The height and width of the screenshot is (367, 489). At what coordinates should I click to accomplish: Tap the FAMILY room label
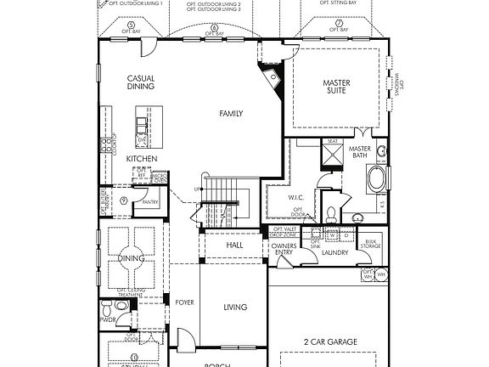(231, 113)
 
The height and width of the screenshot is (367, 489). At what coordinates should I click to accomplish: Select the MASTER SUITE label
(336, 88)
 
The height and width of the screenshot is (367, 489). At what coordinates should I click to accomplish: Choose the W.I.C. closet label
(284, 196)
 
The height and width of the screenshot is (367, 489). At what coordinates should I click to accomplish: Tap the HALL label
(235, 245)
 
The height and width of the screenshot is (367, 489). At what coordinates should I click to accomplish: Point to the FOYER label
(184, 302)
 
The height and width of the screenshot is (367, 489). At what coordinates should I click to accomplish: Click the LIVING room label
(235, 307)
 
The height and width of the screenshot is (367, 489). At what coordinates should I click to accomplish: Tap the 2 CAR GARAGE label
(329, 342)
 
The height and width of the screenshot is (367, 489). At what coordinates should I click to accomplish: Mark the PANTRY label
(151, 202)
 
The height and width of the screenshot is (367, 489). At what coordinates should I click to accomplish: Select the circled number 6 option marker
(214, 26)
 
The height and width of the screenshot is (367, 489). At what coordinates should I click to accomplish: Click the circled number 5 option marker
(131, 26)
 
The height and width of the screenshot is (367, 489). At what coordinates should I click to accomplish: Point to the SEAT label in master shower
(333, 142)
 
